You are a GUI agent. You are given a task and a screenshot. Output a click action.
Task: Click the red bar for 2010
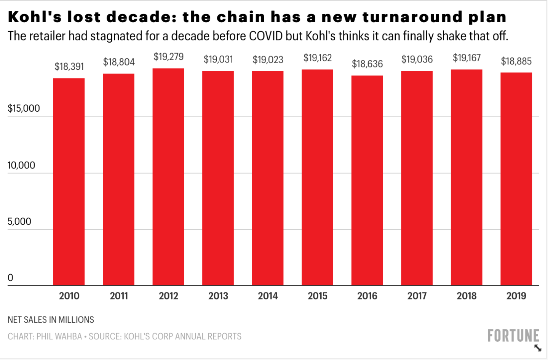[x=69, y=182]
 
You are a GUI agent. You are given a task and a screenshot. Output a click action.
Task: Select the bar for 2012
[x=168, y=177]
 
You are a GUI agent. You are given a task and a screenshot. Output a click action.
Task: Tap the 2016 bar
[x=367, y=181]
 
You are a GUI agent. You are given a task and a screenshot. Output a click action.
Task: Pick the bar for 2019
[x=516, y=179]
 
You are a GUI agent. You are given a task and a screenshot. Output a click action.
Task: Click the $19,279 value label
[x=168, y=57]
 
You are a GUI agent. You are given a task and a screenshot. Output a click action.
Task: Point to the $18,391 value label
[x=69, y=67]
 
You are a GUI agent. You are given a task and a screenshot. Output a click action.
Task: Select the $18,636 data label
[x=367, y=64]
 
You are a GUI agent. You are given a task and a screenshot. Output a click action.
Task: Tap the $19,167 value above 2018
[x=467, y=58]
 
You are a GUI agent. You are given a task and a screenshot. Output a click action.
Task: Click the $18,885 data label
[x=516, y=61]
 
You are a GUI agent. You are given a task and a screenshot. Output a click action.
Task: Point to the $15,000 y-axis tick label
[x=24, y=109]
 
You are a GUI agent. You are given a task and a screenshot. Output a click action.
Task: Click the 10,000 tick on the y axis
[x=21, y=165]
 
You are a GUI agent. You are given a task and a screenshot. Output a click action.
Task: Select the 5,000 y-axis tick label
[x=19, y=222]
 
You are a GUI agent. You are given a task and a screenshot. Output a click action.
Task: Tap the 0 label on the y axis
[x=10, y=278]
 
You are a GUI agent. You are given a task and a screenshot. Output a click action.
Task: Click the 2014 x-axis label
[x=268, y=296]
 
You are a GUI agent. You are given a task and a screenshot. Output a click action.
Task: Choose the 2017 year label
[x=417, y=296]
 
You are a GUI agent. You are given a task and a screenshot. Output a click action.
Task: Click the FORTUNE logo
[x=513, y=336]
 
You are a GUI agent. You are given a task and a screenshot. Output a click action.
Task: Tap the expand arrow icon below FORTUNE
[x=538, y=348]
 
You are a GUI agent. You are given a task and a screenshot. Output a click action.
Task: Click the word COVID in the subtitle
[x=266, y=36]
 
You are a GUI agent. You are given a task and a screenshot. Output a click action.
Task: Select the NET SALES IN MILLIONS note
[x=51, y=320]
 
